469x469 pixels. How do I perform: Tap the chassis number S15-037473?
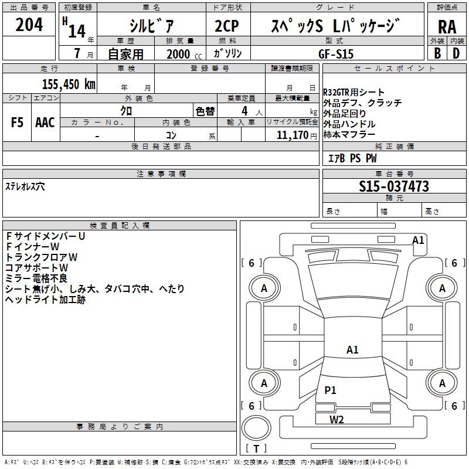tap(394, 187)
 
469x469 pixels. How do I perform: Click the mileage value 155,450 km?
tap(69, 84)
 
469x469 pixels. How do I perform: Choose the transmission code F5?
tap(18, 123)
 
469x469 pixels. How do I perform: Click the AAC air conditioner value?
tap(45, 123)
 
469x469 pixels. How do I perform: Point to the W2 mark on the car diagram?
tap(337, 419)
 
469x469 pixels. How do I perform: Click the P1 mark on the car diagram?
tap(331, 390)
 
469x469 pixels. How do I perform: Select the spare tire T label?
tap(256, 448)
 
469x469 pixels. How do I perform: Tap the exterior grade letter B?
tap(437, 53)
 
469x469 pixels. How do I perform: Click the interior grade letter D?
tap(456, 53)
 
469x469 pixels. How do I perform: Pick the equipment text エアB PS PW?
tap(352, 158)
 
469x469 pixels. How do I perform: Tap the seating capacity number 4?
tap(243, 111)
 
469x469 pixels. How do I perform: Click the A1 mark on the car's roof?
tap(352, 350)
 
